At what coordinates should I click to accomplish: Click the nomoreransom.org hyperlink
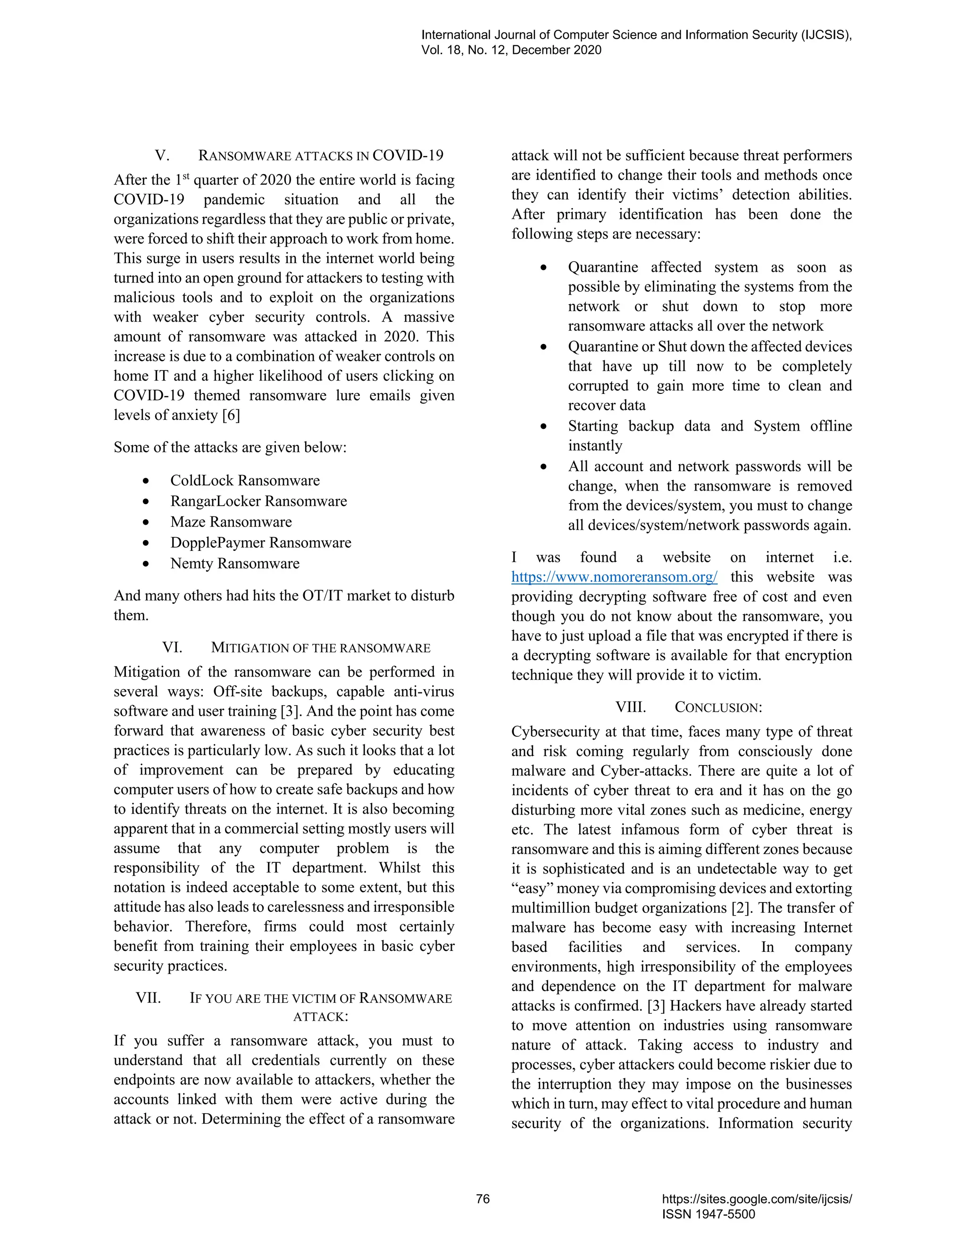pyautogui.click(x=614, y=577)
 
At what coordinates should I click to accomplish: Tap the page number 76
pyautogui.click(x=483, y=1199)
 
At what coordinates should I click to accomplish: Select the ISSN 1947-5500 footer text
pyautogui.click(x=708, y=1215)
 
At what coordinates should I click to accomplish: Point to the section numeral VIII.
pyautogui.click(x=630, y=708)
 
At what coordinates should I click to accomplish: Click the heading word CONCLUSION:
pyautogui.click(x=718, y=708)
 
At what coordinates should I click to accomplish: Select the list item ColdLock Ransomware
pyautogui.click(x=245, y=481)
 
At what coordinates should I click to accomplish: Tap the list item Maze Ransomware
pyautogui.click(x=231, y=522)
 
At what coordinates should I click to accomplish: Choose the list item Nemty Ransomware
pyautogui.click(x=234, y=564)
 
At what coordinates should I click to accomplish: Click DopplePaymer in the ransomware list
pyautogui.click(x=217, y=542)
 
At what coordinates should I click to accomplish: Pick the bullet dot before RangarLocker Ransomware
pyautogui.click(x=147, y=502)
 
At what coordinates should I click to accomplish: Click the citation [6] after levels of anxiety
pyautogui.click(x=231, y=415)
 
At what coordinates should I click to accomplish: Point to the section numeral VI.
pyautogui.click(x=172, y=648)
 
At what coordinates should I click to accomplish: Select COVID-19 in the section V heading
pyautogui.click(x=408, y=156)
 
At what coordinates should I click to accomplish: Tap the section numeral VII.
pyautogui.click(x=148, y=998)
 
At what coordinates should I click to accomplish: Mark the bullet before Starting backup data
pyautogui.click(x=544, y=427)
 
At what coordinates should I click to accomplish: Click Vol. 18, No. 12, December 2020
pyautogui.click(x=511, y=50)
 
